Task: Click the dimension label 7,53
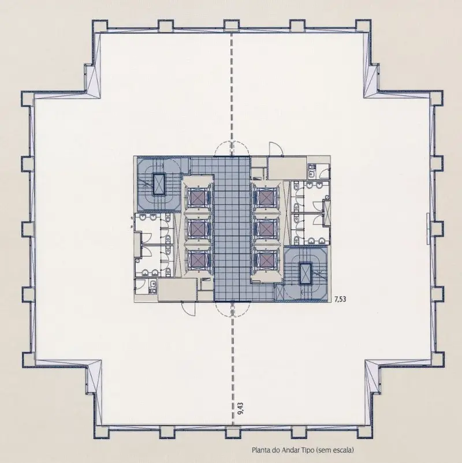(340, 300)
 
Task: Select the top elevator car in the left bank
(196, 196)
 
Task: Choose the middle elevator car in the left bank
(196, 228)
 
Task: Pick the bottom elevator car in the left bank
(196, 260)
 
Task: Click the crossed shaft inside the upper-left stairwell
(159, 184)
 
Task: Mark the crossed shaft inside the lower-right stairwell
(305, 273)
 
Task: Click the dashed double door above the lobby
(233, 148)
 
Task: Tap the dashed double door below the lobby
(233, 309)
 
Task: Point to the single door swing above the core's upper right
(276, 148)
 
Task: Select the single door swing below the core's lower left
(188, 308)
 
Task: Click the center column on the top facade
(232, 25)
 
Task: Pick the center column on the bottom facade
(233, 432)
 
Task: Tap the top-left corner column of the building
(99, 26)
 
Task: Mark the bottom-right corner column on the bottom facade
(364, 432)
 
